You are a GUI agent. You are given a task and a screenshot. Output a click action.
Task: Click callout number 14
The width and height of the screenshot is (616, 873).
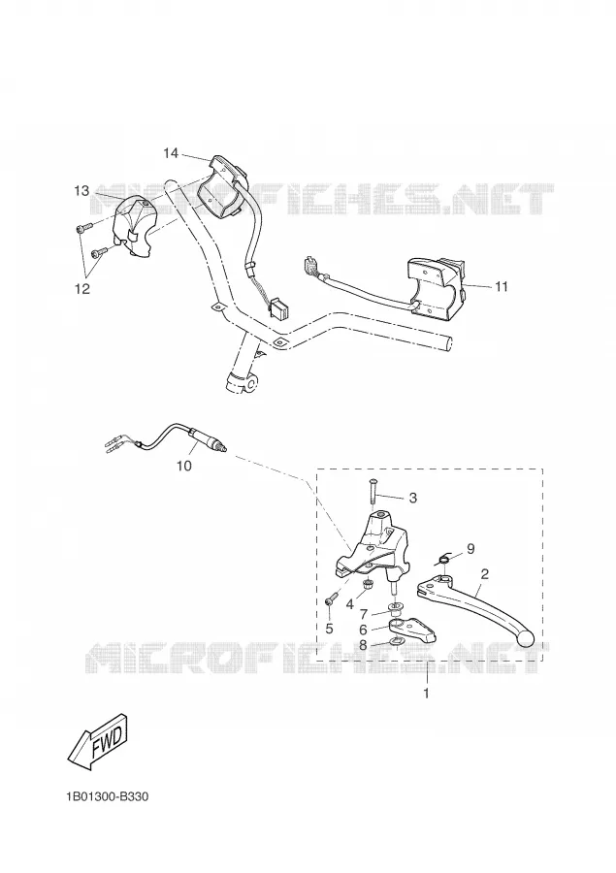[x=171, y=152]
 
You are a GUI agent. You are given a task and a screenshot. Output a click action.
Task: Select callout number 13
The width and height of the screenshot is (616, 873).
[x=81, y=191]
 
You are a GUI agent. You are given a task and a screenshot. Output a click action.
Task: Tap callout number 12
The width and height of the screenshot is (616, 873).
[x=82, y=289]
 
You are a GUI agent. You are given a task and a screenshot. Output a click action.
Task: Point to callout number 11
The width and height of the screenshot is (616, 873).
[x=502, y=286]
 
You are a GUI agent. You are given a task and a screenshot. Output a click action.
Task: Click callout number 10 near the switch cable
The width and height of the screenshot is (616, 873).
[x=184, y=466]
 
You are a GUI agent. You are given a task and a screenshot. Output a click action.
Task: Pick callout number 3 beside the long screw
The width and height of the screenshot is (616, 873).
[x=412, y=498]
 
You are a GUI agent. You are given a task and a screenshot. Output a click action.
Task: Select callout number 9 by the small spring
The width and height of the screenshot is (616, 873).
[x=470, y=549]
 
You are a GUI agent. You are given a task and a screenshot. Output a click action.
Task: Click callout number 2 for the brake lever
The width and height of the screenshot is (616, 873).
[x=485, y=574]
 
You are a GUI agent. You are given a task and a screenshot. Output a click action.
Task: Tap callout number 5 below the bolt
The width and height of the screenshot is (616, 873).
[x=329, y=630]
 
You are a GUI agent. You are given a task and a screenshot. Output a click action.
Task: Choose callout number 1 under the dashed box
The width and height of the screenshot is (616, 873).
[x=427, y=694]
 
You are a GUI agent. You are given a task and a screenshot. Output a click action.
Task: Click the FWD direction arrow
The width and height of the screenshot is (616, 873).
[x=99, y=741]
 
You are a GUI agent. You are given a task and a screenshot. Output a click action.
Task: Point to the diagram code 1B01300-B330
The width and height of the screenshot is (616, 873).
[x=108, y=796]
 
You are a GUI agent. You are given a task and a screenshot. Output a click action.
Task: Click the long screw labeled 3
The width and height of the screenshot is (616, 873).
[x=373, y=494]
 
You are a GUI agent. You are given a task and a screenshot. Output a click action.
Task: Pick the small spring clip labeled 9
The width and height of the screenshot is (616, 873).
[x=444, y=559]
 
